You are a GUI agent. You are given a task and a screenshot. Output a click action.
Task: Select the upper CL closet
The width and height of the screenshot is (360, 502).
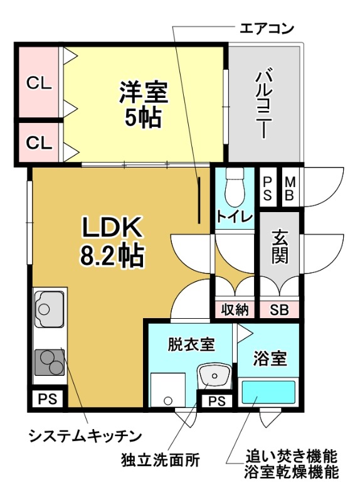[x=38, y=82]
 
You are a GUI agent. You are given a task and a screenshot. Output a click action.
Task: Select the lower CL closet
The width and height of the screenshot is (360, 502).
[x=38, y=142]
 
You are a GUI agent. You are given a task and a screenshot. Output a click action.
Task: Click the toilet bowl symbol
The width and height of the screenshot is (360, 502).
[x=235, y=184]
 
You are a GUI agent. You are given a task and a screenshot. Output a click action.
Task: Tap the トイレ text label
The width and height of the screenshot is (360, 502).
[x=235, y=217]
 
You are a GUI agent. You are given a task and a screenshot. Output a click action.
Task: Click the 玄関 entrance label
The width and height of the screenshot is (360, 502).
[x=280, y=247]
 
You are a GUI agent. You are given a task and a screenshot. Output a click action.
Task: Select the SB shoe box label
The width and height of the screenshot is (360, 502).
[x=279, y=309]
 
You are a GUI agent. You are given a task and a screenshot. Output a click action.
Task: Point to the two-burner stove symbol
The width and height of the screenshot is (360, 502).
[x=48, y=362]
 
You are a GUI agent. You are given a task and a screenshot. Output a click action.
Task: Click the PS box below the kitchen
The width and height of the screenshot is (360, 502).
[x=47, y=398]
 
